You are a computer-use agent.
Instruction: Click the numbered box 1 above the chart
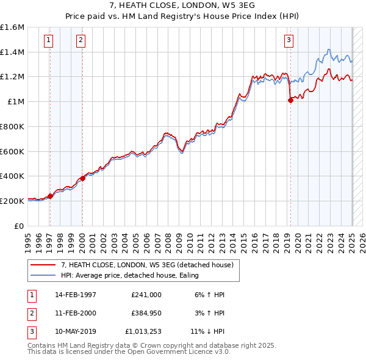pos(48,41)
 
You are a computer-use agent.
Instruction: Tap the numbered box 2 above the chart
pos(81,41)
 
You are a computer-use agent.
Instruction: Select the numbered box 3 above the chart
pos(289,41)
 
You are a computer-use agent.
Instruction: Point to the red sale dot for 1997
pos(51,196)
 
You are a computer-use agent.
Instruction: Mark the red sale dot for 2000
pos(82,178)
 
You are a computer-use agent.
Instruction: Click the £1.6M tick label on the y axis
pos(13,27)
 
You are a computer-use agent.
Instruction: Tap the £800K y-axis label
pos(12,126)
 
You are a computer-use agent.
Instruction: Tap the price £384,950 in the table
pos(146,313)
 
